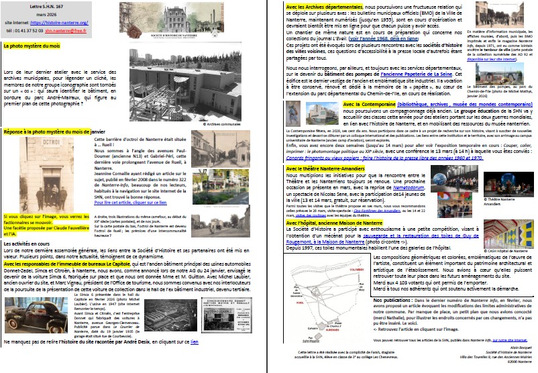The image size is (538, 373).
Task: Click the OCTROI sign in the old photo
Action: [25, 143]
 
